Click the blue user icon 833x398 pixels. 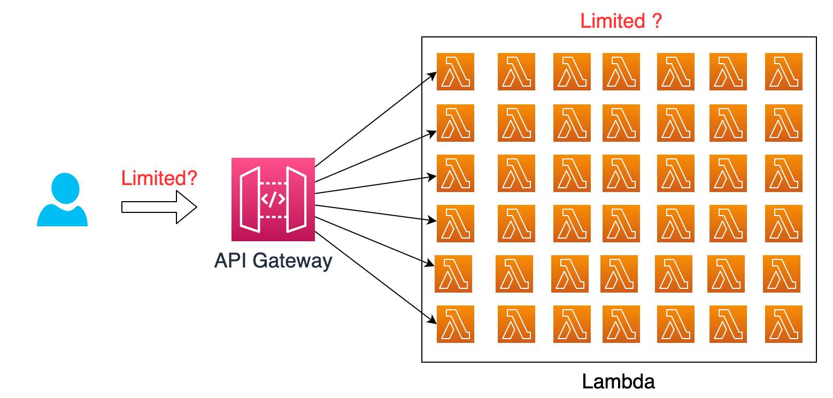coord(62,200)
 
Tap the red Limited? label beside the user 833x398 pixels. coord(159,178)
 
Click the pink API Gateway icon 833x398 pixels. coord(273,200)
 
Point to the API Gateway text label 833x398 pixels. coord(273,261)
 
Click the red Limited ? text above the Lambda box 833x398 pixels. coord(621,21)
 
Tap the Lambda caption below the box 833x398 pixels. coord(619,382)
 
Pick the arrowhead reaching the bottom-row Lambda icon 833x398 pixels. coord(432,320)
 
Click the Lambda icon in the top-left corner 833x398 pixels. coord(456,72)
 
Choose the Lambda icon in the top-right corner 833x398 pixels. coord(784,72)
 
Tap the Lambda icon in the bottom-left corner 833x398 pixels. coord(456,324)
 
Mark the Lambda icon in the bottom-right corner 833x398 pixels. coord(784,324)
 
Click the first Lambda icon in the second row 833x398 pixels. coord(456,123)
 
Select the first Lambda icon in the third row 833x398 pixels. coord(456,173)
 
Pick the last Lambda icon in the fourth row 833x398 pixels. coord(784,224)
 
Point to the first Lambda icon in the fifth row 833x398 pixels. coord(453,274)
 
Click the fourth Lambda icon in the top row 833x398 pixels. coord(621,72)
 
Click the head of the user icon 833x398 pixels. coord(65,187)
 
